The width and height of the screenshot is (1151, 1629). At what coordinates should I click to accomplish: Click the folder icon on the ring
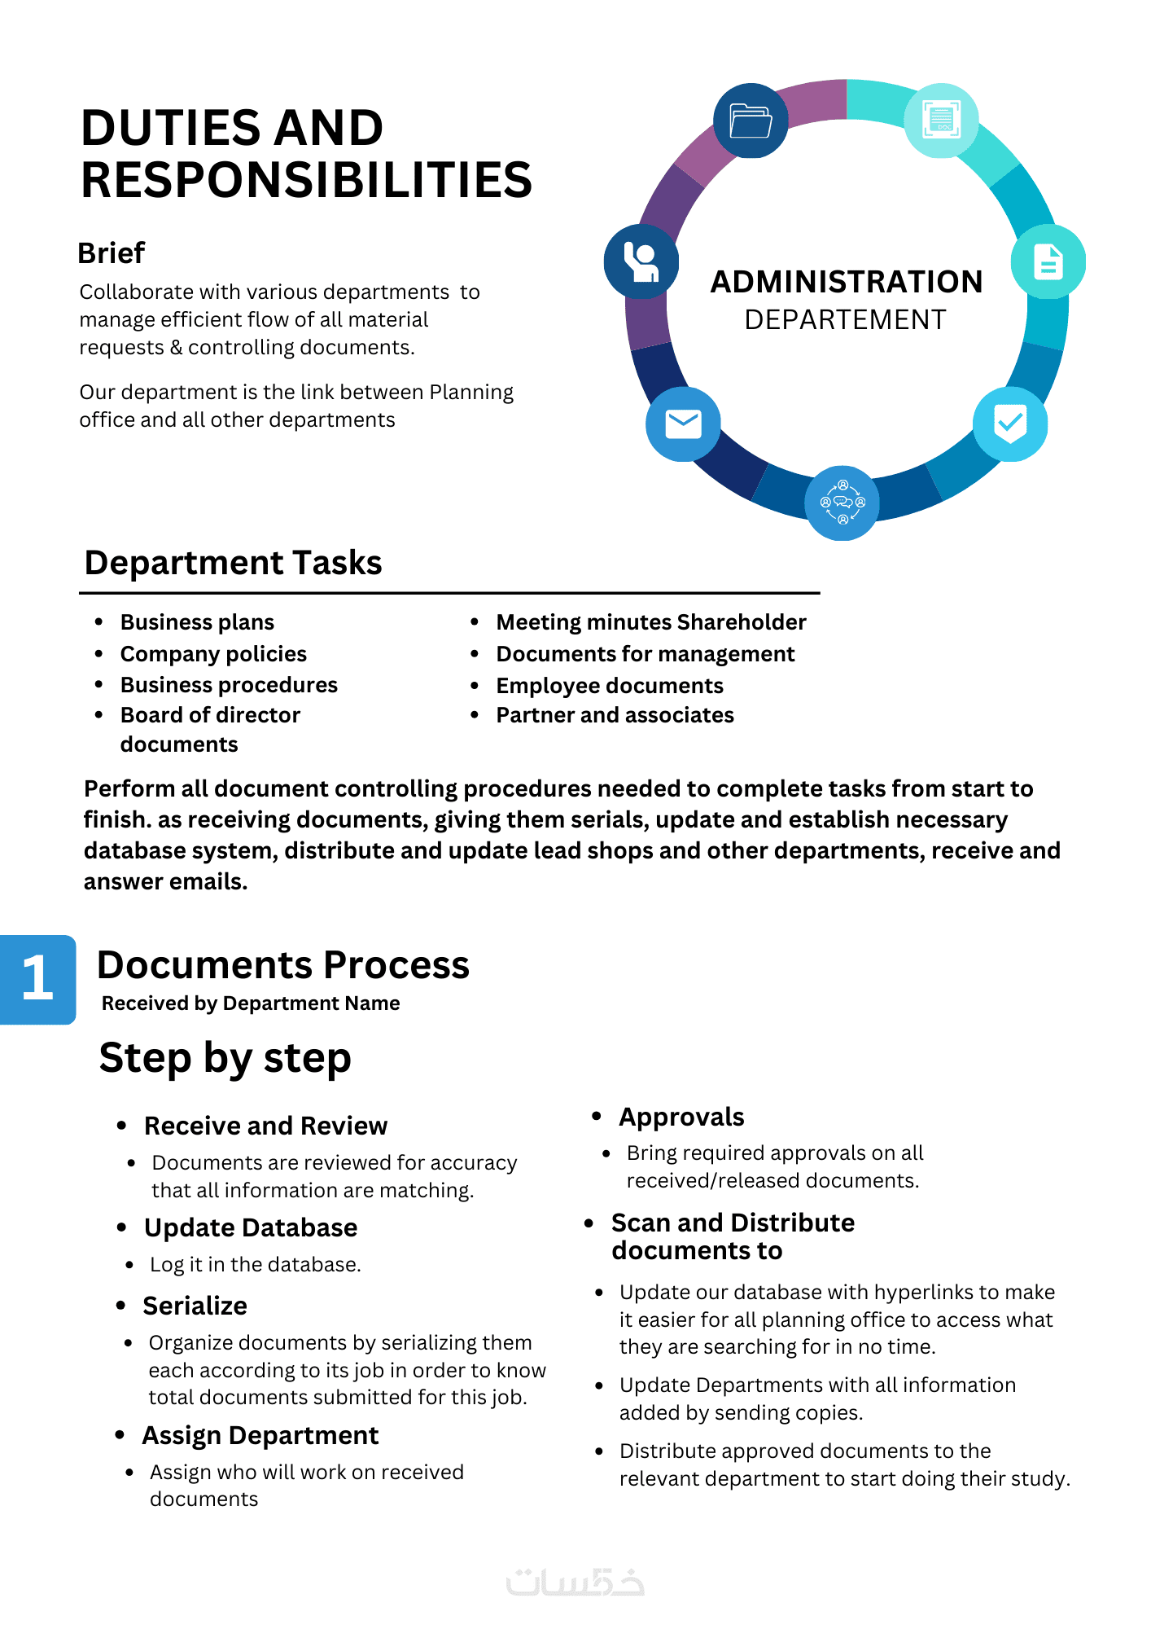point(751,121)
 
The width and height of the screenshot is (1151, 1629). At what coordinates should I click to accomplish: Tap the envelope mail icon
point(683,424)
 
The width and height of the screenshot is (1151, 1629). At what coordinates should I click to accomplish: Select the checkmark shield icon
point(1010,424)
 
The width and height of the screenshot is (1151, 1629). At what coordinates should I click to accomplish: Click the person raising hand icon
point(641,261)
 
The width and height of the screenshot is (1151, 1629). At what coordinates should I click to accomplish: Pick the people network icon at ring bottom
point(842,503)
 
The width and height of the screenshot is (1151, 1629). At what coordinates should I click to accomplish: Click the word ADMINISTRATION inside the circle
point(847,282)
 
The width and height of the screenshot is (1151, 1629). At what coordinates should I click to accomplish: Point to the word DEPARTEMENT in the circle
point(845,320)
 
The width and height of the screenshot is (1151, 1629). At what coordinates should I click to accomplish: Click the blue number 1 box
point(38,979)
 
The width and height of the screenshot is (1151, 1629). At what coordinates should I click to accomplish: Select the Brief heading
point(112,253)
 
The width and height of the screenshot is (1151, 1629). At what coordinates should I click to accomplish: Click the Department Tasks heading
point(234,563)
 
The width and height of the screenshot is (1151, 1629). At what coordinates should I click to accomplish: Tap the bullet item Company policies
point(213,654)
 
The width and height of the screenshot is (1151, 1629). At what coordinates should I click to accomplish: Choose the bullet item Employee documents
point(610,686)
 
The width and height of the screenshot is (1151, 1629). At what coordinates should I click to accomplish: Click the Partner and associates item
point(615,715)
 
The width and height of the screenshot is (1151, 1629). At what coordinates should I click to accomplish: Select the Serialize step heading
point(195,1306)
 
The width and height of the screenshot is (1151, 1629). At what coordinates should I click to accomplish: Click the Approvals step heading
point(681,1117)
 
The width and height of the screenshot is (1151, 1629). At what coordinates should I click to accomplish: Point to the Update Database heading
point(251,1227)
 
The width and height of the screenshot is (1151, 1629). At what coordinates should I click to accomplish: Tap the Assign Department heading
point(260,1435)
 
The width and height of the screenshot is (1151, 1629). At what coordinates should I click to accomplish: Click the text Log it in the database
point(256,1264)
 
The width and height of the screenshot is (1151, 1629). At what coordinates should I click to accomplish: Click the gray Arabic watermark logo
point(575,1582)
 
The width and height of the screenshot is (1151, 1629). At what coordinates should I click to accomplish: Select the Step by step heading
point(225,1058)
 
